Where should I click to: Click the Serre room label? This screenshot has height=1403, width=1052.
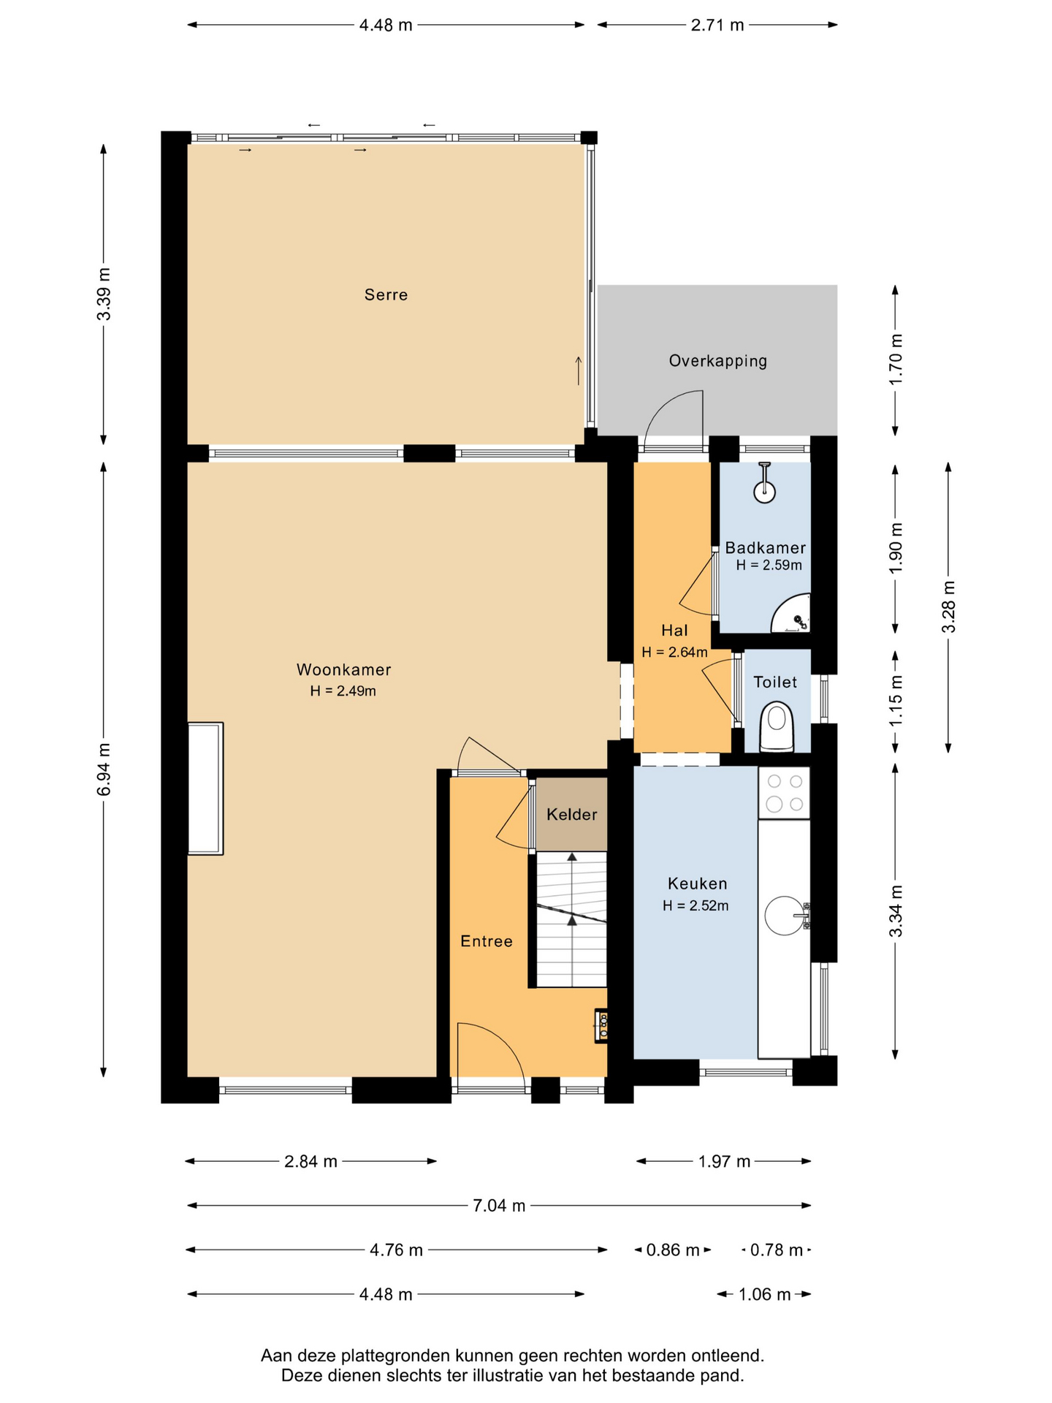click(386, 294)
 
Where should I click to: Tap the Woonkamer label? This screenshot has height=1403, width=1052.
click(343, 669)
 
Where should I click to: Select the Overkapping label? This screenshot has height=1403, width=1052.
click(717, 360)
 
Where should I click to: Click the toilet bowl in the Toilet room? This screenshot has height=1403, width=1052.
click(777, 727)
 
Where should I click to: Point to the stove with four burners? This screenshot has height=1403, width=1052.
click(784, 793)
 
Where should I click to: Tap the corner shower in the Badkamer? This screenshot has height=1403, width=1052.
click(792, 614)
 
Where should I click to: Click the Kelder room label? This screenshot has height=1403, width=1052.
click(571, 814)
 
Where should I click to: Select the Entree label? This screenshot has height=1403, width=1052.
click(486, 941)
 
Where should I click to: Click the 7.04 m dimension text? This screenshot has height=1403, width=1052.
click(499, 1206)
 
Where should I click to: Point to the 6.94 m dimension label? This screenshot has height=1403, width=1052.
click(104, 769)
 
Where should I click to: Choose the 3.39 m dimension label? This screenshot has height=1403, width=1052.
click(104, 294)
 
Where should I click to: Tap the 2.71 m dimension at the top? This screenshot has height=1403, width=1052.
click(717, 25)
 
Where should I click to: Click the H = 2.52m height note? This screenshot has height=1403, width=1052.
click(695, 906)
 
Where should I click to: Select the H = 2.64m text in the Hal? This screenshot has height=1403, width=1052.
click(674, 653)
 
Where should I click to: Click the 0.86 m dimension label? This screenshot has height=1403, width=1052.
click(673, 1250)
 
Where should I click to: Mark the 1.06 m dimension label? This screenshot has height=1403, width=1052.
click(764, 1295)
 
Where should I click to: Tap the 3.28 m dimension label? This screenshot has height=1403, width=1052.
click(948, 607)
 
